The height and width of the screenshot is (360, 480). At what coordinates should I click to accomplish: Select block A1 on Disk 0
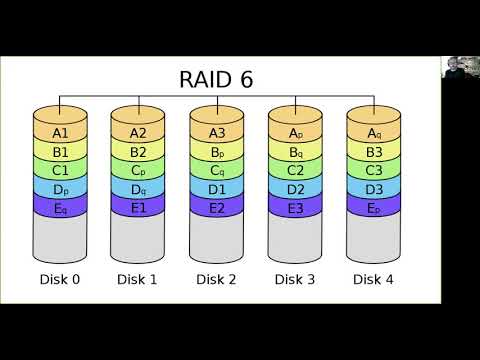pyautogui.click(x=60, y=132)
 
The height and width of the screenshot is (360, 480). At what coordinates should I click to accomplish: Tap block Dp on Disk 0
pyautogui.click(x=60, y=189)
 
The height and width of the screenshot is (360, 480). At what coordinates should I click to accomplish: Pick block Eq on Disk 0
pyautogui.click(x=60, y=208)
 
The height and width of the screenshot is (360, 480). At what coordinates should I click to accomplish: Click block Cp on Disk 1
pyautogui.click(x=139, y=170)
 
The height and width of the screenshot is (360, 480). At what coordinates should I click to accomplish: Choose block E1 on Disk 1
pyautogui.click(x=139, y=208)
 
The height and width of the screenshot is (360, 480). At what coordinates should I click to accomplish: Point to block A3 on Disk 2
pyautogui.click(x=218, y=132)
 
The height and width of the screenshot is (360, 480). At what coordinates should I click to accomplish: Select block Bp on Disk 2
pyautogui.click(x=218, y=152)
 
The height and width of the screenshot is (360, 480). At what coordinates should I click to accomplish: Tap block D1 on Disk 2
pyautogui.click(x=218, y=189)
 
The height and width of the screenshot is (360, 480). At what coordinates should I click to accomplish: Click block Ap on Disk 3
pyautogui.click(x=296, y=132)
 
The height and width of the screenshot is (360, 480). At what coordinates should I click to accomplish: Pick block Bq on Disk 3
pyautogui.click(x=296, y=152)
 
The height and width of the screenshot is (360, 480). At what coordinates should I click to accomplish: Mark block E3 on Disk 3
pyautogui.click(x=296, y=208)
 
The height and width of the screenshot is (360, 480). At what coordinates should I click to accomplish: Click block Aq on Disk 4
pyautogui.click(x=375, y=132)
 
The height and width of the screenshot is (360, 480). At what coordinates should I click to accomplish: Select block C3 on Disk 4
pyautogui.click(x=375, y=170)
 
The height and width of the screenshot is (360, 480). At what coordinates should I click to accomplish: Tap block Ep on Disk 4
pyautogui.click(x=375, y=208)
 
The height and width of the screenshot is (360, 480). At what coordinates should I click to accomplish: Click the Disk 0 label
pyautogui.click(x=60, y=279)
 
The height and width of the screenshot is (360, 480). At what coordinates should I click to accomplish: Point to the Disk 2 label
pyautogui.click(x=218, y=279)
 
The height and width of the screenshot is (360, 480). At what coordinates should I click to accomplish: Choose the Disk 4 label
pyautogui.click(x=375, y=279)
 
